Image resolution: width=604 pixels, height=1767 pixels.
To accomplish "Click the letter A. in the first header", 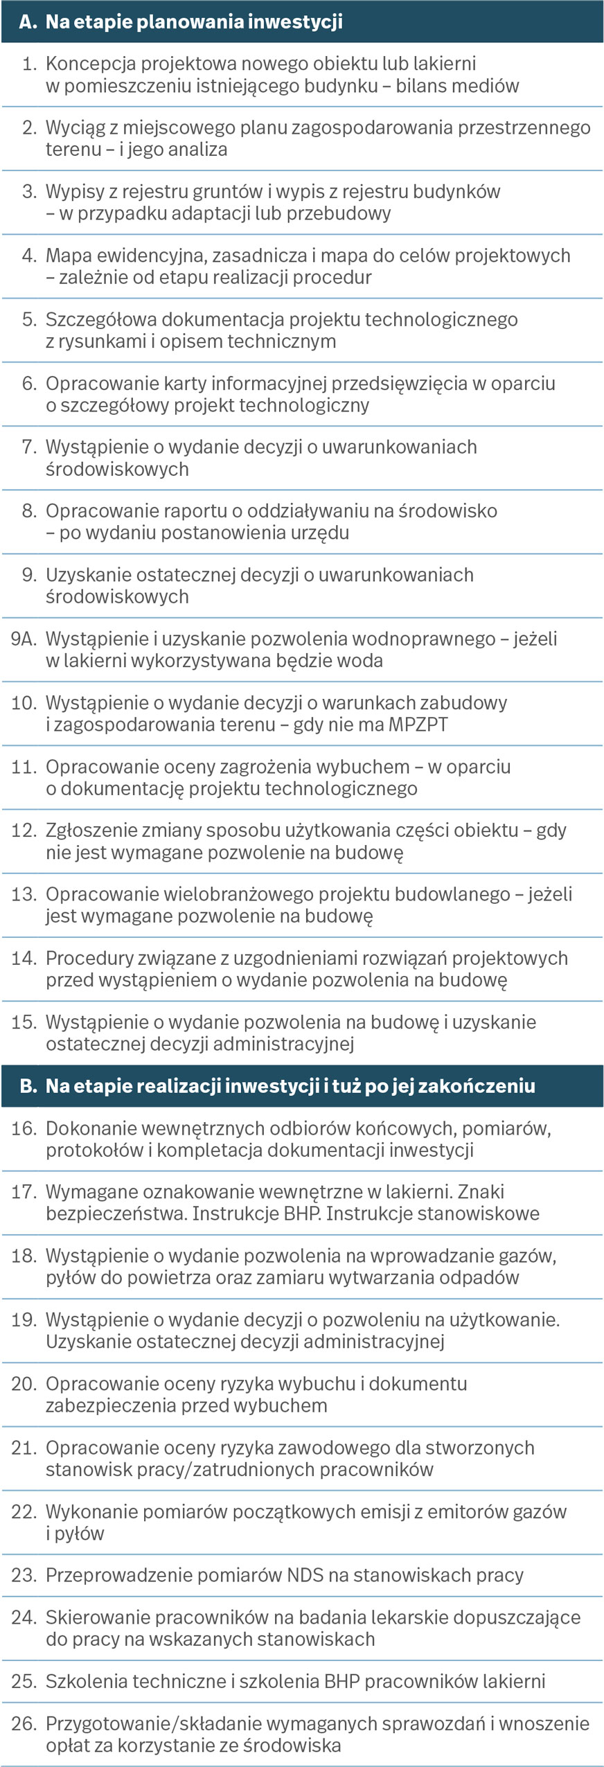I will [x=27, y=21].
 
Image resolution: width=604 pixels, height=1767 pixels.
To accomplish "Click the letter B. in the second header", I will [x=28, y=1085].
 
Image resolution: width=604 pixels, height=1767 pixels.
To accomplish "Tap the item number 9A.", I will [x=23, y=639].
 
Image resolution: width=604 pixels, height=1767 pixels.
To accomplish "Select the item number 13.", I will [x=23, y=894].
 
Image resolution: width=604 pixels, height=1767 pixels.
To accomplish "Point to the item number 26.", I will [x=23, y=1723].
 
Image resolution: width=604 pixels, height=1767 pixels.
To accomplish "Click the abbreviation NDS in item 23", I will [x=303, y=1575].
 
